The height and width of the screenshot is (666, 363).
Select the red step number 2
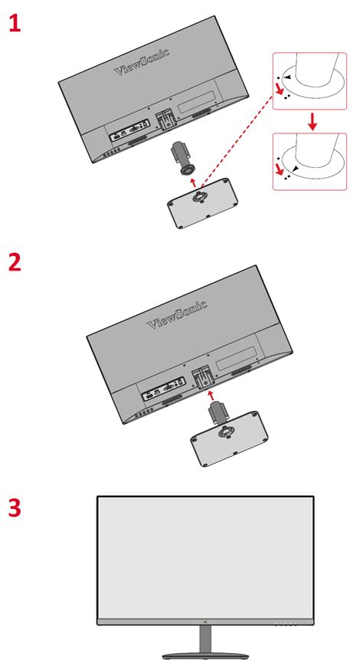pos(15,262)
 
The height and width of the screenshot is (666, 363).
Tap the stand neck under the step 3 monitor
pos(206,639)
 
